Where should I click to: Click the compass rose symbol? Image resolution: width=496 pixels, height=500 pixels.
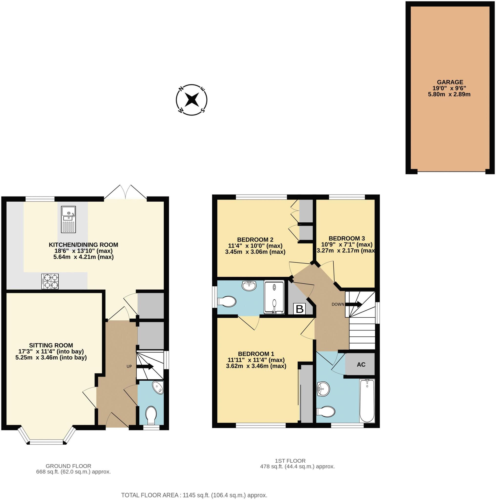[x=191, y=100]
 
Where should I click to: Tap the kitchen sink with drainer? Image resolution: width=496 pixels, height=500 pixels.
[x=68, y=219]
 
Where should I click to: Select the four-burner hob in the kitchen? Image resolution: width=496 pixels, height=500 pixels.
[x=50, y=281]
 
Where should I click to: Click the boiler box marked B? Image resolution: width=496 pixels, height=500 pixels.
[x=299, y=309]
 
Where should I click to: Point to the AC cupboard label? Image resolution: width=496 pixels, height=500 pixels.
[x=361, y=365]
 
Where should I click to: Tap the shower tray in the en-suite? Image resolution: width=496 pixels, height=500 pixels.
[x=274, y=298]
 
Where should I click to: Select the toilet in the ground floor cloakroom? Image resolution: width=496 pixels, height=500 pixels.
[x=151, y=414]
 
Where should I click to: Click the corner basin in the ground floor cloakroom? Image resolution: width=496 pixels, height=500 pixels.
[x=158, y=387]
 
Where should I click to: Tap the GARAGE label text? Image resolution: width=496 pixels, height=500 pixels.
[x=450, y=82]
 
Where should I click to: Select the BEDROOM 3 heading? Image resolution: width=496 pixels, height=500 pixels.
[x=347, y=238]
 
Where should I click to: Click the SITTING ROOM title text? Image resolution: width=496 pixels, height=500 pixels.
[x=51, y=345]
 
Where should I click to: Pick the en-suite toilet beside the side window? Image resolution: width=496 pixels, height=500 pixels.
[x=227, y=302]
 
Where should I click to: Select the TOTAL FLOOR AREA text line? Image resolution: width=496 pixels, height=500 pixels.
[x=194, y=495]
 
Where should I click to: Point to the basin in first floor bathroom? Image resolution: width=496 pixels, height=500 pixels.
[x=323, y=388]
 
